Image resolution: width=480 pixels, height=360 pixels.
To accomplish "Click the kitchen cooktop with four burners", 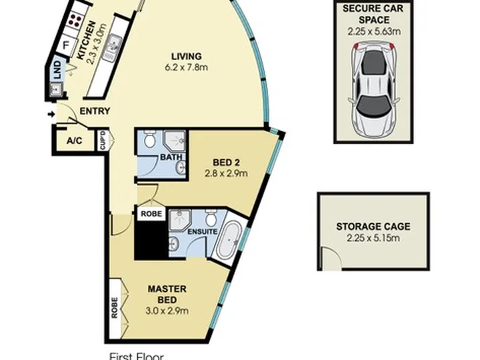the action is [x=75, y=21].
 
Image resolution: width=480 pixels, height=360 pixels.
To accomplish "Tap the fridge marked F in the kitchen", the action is [x=66, y=45].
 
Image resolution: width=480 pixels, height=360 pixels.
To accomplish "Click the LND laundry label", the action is [x=57, y=69].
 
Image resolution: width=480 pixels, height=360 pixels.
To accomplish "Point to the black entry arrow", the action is [x=51, y=115].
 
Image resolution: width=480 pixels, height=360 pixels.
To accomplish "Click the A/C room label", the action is [x=75, y=141].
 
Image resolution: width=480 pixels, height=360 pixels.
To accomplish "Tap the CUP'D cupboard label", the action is [x=103, y=141].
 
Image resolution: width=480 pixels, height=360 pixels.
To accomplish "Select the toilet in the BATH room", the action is [x=150, y=139].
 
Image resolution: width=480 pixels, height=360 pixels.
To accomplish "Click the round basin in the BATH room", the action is [x=181, y=167].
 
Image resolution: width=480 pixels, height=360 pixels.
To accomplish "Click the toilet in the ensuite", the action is [x=210, y=217].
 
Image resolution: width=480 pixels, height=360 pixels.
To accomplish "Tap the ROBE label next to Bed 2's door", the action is [x=151, y=213].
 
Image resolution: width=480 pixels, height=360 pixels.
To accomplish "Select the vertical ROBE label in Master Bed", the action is [x=115, y=307].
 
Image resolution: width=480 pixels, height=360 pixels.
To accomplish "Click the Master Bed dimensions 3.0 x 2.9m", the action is [x=167, y=311].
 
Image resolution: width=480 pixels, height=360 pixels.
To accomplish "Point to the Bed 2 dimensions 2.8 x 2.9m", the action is [x=226, y=173].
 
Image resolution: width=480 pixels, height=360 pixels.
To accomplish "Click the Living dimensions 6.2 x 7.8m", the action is [x=187, y=67].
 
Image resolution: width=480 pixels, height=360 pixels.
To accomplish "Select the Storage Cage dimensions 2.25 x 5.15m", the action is [x=373, y=238].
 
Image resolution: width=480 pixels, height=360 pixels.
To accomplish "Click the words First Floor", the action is [x=137, y=356].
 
